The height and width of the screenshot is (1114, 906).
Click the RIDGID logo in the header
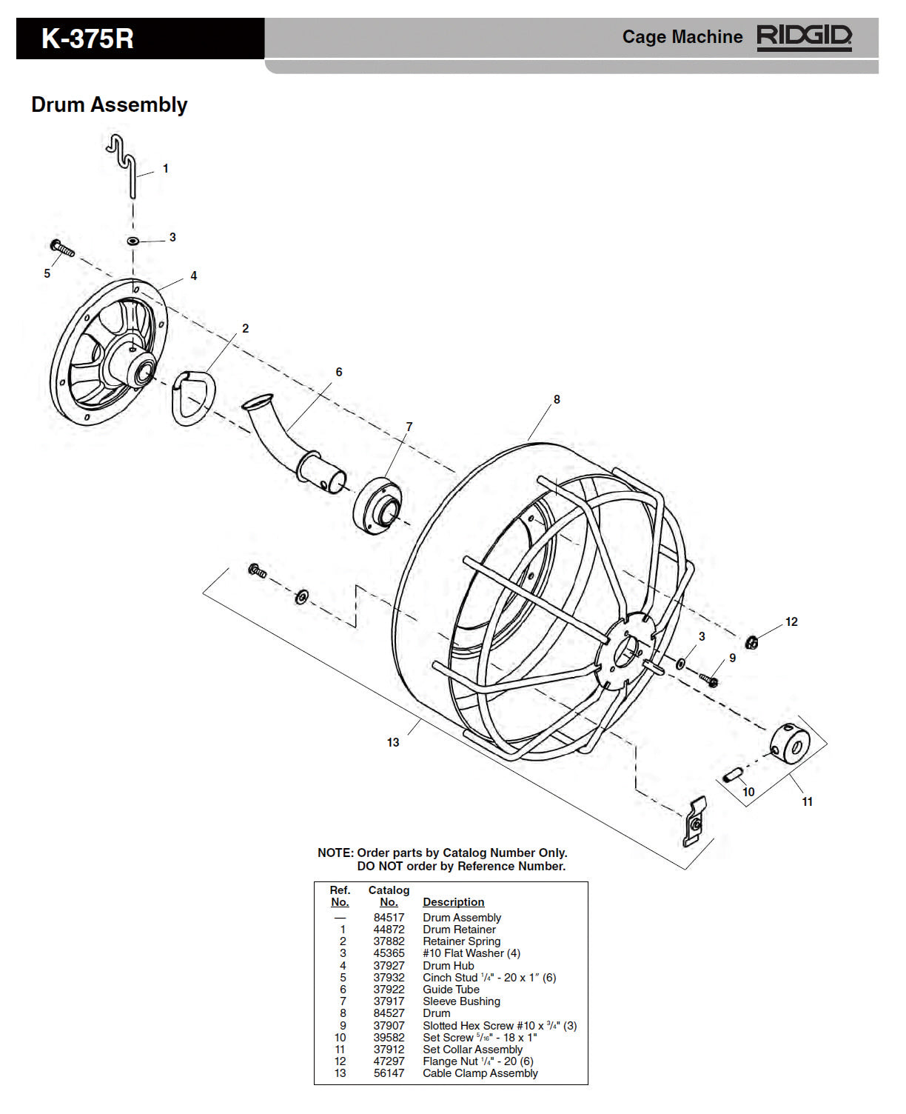coord(804,37)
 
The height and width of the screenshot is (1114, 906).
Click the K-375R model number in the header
coord(87,39)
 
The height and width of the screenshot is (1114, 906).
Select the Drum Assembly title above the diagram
coord(109,104)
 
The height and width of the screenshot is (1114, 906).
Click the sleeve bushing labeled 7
coord(377,505)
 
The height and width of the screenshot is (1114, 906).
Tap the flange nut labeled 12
coord(751,642)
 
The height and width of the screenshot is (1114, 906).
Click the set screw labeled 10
coord(734,775)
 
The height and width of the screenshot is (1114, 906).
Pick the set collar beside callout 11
coord(790,741)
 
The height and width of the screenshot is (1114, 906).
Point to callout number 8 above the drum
coord(557,400)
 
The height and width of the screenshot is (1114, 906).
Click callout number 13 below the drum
coord(393,742)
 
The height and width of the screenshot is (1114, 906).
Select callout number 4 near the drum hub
coord(194,276)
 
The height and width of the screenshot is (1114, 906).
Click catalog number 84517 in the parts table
coord(389,917)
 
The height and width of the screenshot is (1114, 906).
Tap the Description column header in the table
coord(453,902)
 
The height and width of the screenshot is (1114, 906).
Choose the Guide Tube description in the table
coord(451,990)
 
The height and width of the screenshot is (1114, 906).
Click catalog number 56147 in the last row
coord(389,1073)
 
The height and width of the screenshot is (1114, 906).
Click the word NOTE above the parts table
coord(335,853)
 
